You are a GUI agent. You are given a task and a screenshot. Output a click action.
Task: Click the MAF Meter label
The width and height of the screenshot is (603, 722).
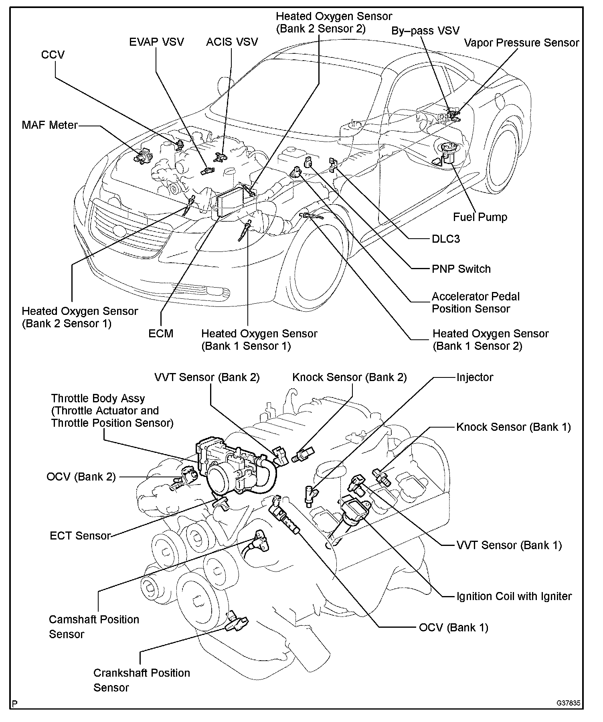pyautogui.click(x=49, y=125)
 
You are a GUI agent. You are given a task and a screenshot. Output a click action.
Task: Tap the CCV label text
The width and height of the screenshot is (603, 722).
pyautogui.click(x=53, y=55)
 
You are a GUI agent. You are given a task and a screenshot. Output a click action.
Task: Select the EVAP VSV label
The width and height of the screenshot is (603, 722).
pyautogui.click(x=156, y=42)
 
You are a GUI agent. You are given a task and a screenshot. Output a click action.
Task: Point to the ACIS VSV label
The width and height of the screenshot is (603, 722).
pyautogui.click(x=232, y=42)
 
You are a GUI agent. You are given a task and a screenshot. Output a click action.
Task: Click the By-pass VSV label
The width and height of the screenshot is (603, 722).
pyautogui.click(x=425, y=30)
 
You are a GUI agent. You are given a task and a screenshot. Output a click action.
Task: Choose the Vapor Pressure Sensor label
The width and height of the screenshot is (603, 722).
pyautogui.click(x=521, y=43)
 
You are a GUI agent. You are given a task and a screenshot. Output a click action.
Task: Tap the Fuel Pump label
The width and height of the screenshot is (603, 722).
pyautogui.click(x=480, y=217)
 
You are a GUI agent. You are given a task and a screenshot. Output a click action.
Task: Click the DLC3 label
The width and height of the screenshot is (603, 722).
pyautogui.click(x=445, y=239)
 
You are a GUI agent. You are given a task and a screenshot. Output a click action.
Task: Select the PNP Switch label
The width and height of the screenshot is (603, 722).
pyautogui.click(x=461, y=269)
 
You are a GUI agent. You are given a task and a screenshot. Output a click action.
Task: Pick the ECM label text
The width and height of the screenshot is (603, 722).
pyautogui.click(x=161, y=333)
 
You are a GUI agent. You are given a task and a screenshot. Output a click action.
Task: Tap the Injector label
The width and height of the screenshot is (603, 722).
pyautogui.click(x=475, y=377)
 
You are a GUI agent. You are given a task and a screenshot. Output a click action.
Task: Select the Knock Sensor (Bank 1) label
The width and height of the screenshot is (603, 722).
pyautogui.click(x=513, y=427)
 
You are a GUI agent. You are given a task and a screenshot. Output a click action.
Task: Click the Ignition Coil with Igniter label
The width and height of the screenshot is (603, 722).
pyautogui.click(x=514, y=596)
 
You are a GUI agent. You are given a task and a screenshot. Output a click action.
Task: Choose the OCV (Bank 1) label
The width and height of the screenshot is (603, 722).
pyautogui.click(x=453, y=627)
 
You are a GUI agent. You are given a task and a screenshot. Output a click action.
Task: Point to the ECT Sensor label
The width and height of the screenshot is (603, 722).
pyautogui.click(x=80, y=536)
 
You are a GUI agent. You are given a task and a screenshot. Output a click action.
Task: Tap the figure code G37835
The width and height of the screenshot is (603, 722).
pyautogui.click(x=568, y=703)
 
